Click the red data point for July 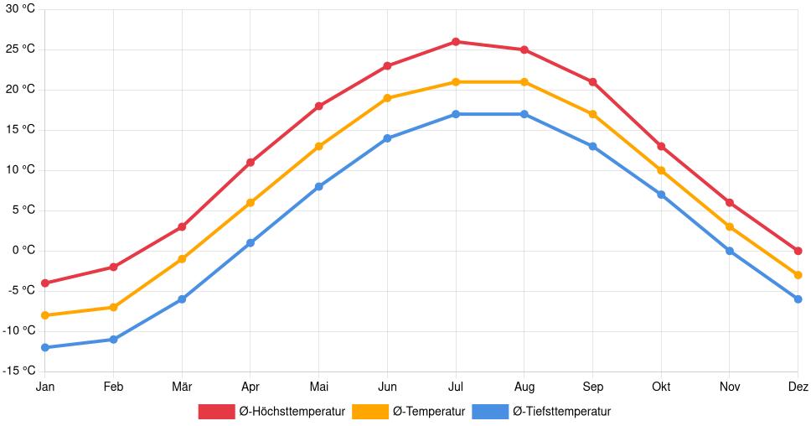[x=456, y=41]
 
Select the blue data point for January [x=45, y=347]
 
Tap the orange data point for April [x=251, y=202]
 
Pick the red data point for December [x=798, y=251]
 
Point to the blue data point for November [x=730, y=251]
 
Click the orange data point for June [x=387, y=98]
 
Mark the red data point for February [x=114, y=267]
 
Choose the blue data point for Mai [x=319, y=186]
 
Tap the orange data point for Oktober [x=661, y=170]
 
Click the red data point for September [x=592, y=82]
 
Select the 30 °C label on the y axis [x=19, y=9]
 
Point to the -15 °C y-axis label [x=18, y=371]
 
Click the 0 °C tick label [x=23, y=250]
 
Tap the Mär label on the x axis [x=182, y=387]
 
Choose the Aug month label [x=524, y=387]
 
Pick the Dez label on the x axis [x=798, y=387]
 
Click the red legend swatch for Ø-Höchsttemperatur [x=216, y=411]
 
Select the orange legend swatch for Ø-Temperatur [x=369, y=411]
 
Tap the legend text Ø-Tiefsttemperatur [x=561, y=411]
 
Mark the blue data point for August [x=524, y=114]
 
